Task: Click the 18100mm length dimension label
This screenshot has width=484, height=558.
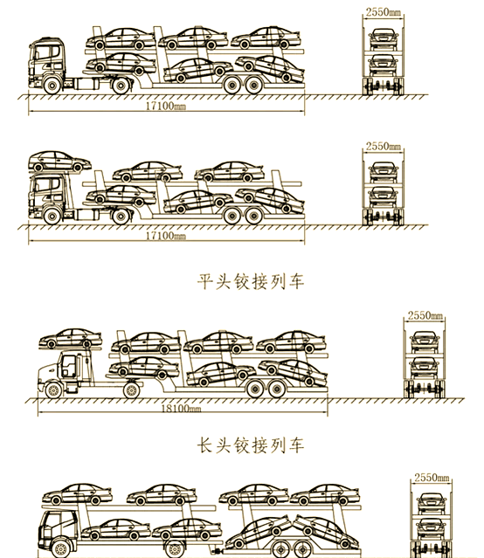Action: [181, 408]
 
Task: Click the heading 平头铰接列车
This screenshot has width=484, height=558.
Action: [251, 281]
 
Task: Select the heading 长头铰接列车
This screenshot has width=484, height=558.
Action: [251, 445]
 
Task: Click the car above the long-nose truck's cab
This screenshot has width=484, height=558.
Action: [71, 339]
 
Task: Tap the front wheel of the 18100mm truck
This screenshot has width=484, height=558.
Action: [53, 390]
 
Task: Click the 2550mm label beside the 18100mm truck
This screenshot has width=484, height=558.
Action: [425, 315]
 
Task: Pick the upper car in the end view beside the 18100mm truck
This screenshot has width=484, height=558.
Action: [425, 341]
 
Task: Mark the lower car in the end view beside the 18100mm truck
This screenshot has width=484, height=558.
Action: [425, 368]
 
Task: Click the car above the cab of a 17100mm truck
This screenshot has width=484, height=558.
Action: [59, 162]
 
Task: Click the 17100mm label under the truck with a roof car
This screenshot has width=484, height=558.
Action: [166, 235]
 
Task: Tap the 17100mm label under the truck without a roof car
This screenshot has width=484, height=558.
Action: [166, 106]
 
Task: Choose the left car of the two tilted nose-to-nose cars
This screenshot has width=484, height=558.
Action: [259, 532]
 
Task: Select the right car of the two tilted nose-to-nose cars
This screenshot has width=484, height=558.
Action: [326, 532]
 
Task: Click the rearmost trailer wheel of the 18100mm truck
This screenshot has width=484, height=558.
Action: [278, 389]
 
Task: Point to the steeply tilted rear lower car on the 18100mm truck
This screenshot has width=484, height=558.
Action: [293, 372]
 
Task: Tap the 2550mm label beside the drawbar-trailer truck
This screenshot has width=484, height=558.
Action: [432, 477]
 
